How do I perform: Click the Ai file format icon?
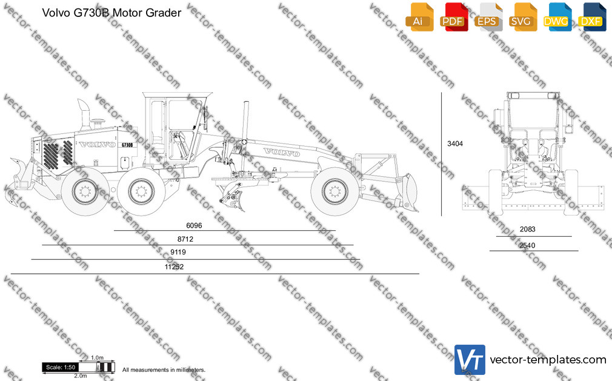(x=419, y=17)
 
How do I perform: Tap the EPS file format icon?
(x=488, y=17)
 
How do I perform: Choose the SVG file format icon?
(x=523, y=17)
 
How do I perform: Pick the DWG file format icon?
(x=557, y=17)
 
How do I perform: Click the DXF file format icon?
(x=592, y=17)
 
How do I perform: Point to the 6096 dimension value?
(x=194, y=225)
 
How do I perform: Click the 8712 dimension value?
(x=185, y=239)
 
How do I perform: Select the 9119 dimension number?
(x=178, y=252)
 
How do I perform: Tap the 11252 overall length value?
(x=174, y=267)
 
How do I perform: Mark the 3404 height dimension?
(x=455, y=144)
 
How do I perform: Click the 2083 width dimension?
(x=527, y=230)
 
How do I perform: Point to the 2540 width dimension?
(x=527, y=245)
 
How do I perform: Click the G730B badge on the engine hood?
(x=127, y=145)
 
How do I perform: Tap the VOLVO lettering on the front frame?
(x=282, y=152)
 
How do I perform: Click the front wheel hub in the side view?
(x=334, y=191)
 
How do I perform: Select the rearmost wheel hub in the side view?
(x=85, y=191)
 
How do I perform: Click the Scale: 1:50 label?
(x=61, y=367)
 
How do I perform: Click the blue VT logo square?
(x=470, y=360)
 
